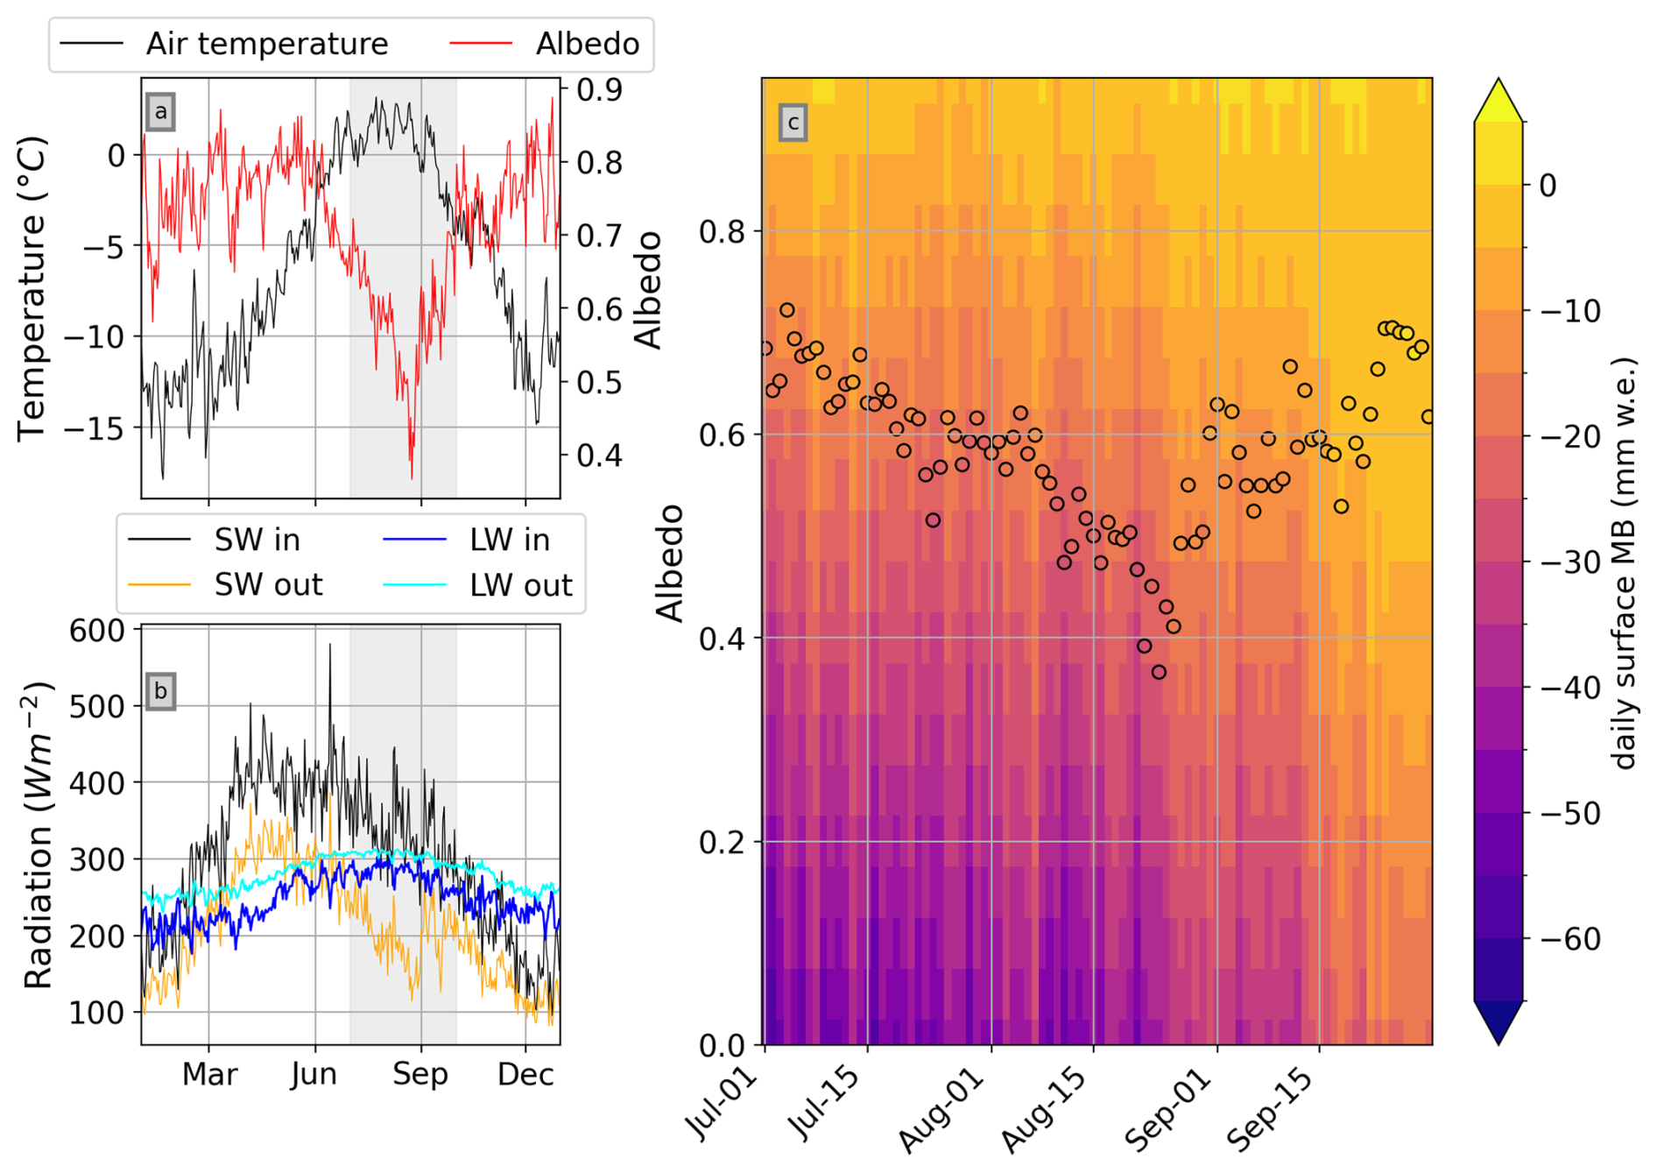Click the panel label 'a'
pyautogui.click(x=160, y=112)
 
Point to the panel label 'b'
pyautogui.click(x=160, y=691)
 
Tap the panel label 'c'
pyautogui.click(x=793, y=123)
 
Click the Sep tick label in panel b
pyautogui.click(x=420, y=1074)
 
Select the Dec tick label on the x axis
pyautogui.click(x=525, y=1074)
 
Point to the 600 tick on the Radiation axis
pyautogui.click(x=97, y=631)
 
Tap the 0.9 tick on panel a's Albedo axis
pyautogui.click(x=600, y=89)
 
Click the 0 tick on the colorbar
pyautogui.click(x=1548, y=186)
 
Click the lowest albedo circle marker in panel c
pyautogui.click(x=1159, y=672)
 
